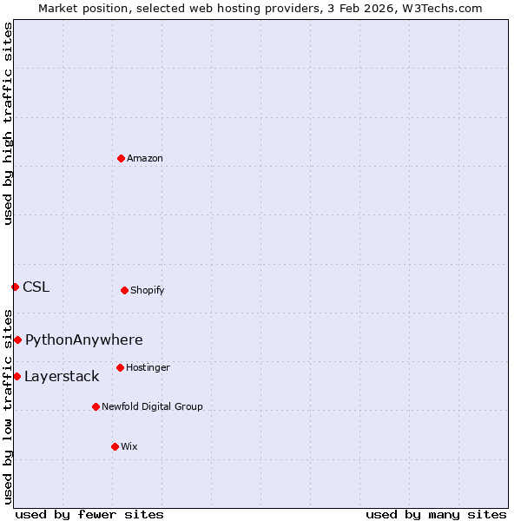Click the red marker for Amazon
pos(121,158)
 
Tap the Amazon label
pos(145,159)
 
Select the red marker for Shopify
pos(124,290)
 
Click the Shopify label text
pos(148,291)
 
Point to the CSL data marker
pos(15,287)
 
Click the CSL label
pos(36,287)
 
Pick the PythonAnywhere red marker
pos(17,340)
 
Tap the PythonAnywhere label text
pos(84,340)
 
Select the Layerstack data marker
pos(16,376)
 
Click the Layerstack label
pos(62,377)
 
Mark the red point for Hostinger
pos(120,367)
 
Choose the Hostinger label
pos(148,368)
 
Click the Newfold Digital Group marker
pos(96,406)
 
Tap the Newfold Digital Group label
pos(152,407)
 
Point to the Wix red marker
pos(115,446)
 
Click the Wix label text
pos(129,447)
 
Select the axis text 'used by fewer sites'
pos(89,515)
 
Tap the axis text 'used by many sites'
pos(436,515)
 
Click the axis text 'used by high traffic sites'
pos(8,123)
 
